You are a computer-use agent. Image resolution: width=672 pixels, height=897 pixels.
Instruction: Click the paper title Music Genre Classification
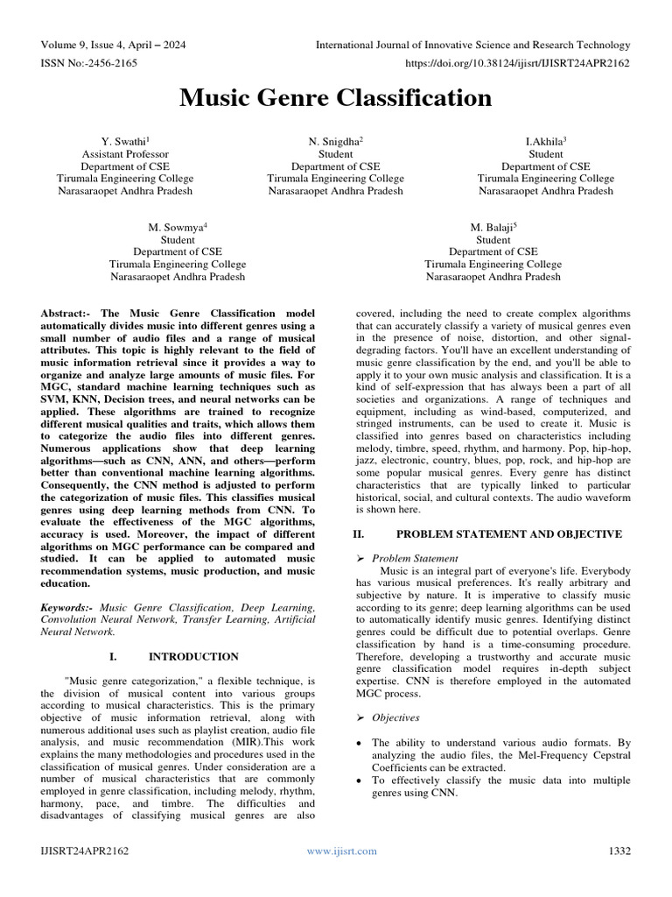[x=336, y=99]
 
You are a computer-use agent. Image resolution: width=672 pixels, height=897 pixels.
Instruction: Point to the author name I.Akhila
[x=544, y=140]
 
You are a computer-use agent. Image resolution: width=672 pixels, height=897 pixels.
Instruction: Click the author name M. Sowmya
[x=178, y=227]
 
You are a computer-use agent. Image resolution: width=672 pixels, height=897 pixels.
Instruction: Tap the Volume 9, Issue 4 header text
[x=113, y=45]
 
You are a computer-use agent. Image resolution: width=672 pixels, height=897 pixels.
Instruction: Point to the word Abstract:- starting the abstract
[x=70, y=313]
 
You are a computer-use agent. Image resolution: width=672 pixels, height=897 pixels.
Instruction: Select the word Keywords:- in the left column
[x=68, y=606]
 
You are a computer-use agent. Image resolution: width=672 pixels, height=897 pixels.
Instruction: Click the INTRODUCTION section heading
[x=193, y=656]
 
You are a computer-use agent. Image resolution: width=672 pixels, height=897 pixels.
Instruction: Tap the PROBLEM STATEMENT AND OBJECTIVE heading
[x=511, y=533]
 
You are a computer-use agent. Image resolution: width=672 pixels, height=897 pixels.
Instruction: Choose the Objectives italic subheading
[x=395, y=717]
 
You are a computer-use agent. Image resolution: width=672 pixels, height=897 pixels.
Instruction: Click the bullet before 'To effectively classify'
[x=362, y=780]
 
